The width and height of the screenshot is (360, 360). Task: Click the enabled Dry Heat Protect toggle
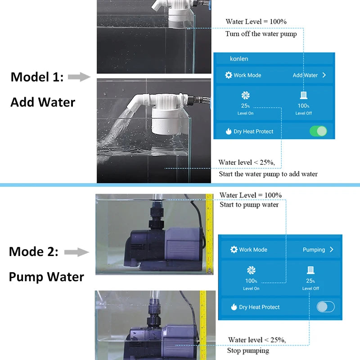[318, 131]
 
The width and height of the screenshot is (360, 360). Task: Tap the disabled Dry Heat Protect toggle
[325, 307]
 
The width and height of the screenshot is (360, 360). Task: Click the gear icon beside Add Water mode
[229, 75]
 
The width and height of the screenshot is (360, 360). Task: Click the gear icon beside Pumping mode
[234, 249]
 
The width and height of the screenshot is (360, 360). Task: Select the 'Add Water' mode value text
[305, 75]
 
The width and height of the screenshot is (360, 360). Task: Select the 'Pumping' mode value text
[314, 249]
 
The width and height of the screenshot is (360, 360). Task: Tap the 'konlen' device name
[239, 58]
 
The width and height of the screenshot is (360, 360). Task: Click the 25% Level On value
[245, 106]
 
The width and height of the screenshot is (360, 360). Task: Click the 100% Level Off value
[303, 106]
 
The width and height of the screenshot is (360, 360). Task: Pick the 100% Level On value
[251, 281]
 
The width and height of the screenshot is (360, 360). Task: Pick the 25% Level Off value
[310, 281]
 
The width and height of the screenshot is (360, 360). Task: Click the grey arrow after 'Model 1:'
[79, 77]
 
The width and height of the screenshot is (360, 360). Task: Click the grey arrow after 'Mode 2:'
[76, 252]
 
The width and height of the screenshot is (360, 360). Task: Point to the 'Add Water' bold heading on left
[43, 102]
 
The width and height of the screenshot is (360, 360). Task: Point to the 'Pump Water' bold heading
[46, 276]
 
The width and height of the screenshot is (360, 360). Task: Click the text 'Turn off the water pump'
[261, 34]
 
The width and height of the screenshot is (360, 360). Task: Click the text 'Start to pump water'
[249, 205]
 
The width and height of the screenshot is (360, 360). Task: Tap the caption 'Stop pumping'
[248, 350]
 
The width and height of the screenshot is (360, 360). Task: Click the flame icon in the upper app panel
[229, 131]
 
